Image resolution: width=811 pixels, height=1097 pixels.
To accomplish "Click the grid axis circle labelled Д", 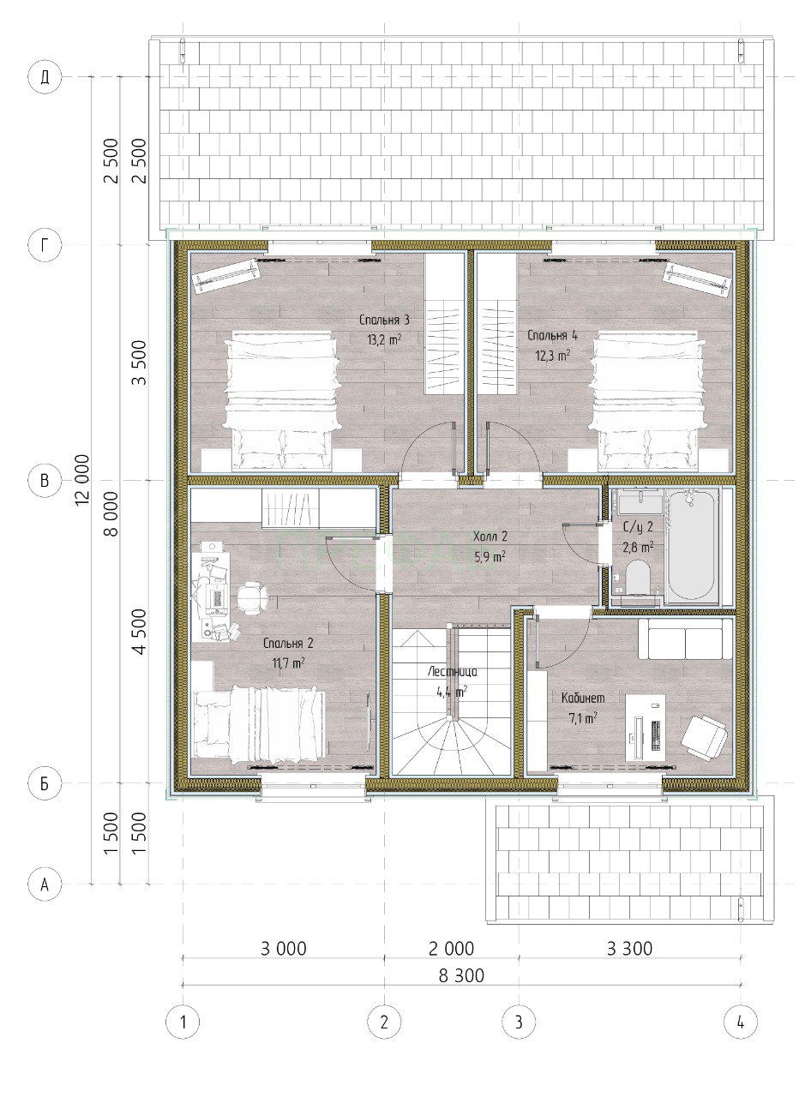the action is (45, 77).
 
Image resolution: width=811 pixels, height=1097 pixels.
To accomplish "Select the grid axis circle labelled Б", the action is (45, 783).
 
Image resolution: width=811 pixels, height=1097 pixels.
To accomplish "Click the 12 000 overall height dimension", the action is (82, 480).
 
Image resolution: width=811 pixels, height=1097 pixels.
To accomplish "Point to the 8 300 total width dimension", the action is (461, 975).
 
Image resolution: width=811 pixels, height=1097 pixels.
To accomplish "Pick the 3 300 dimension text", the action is (629, 949).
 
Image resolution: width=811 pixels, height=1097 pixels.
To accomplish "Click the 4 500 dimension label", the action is (140, 632).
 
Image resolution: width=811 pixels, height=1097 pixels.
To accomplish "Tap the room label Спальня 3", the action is (384, 321).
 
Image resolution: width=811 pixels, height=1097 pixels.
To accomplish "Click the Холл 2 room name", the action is (490, 537).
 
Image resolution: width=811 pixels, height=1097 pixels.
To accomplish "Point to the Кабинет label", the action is (583, 698).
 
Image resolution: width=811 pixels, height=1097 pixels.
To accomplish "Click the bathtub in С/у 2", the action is (692, 546).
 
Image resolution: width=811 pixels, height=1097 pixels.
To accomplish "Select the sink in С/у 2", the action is (640, 501).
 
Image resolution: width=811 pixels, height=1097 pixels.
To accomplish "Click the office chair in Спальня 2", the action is (252, 597).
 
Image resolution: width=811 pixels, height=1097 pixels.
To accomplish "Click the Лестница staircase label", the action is (453, 672).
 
